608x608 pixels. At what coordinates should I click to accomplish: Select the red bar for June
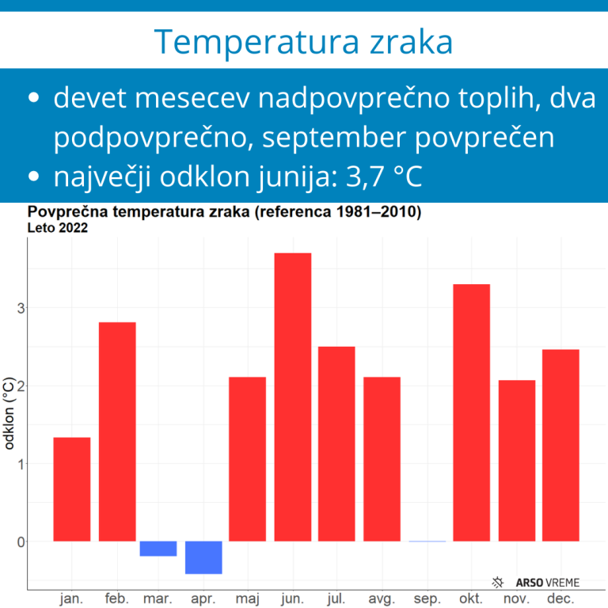coord(292,397)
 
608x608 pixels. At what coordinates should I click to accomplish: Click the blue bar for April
coord(203,557)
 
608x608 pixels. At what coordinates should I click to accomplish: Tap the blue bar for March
coord(158,549)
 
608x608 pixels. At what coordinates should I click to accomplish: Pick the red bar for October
coord(471,412)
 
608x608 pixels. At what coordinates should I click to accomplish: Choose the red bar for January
coord(72,489)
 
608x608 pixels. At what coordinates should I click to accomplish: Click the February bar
coord(117,431)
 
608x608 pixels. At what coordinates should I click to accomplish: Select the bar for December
coord(560,445)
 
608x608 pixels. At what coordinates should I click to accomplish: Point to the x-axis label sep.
coord(427,599)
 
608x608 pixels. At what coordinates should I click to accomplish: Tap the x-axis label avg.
coord(382,599)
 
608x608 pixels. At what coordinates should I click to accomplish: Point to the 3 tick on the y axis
coord(21,308)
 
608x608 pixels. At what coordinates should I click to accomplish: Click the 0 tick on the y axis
coord(21,541)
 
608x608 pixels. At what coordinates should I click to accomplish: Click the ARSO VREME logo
coord(536,582)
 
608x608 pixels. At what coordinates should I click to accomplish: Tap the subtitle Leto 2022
coord(57,229)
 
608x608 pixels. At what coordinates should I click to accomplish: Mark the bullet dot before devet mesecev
coord(33,99)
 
